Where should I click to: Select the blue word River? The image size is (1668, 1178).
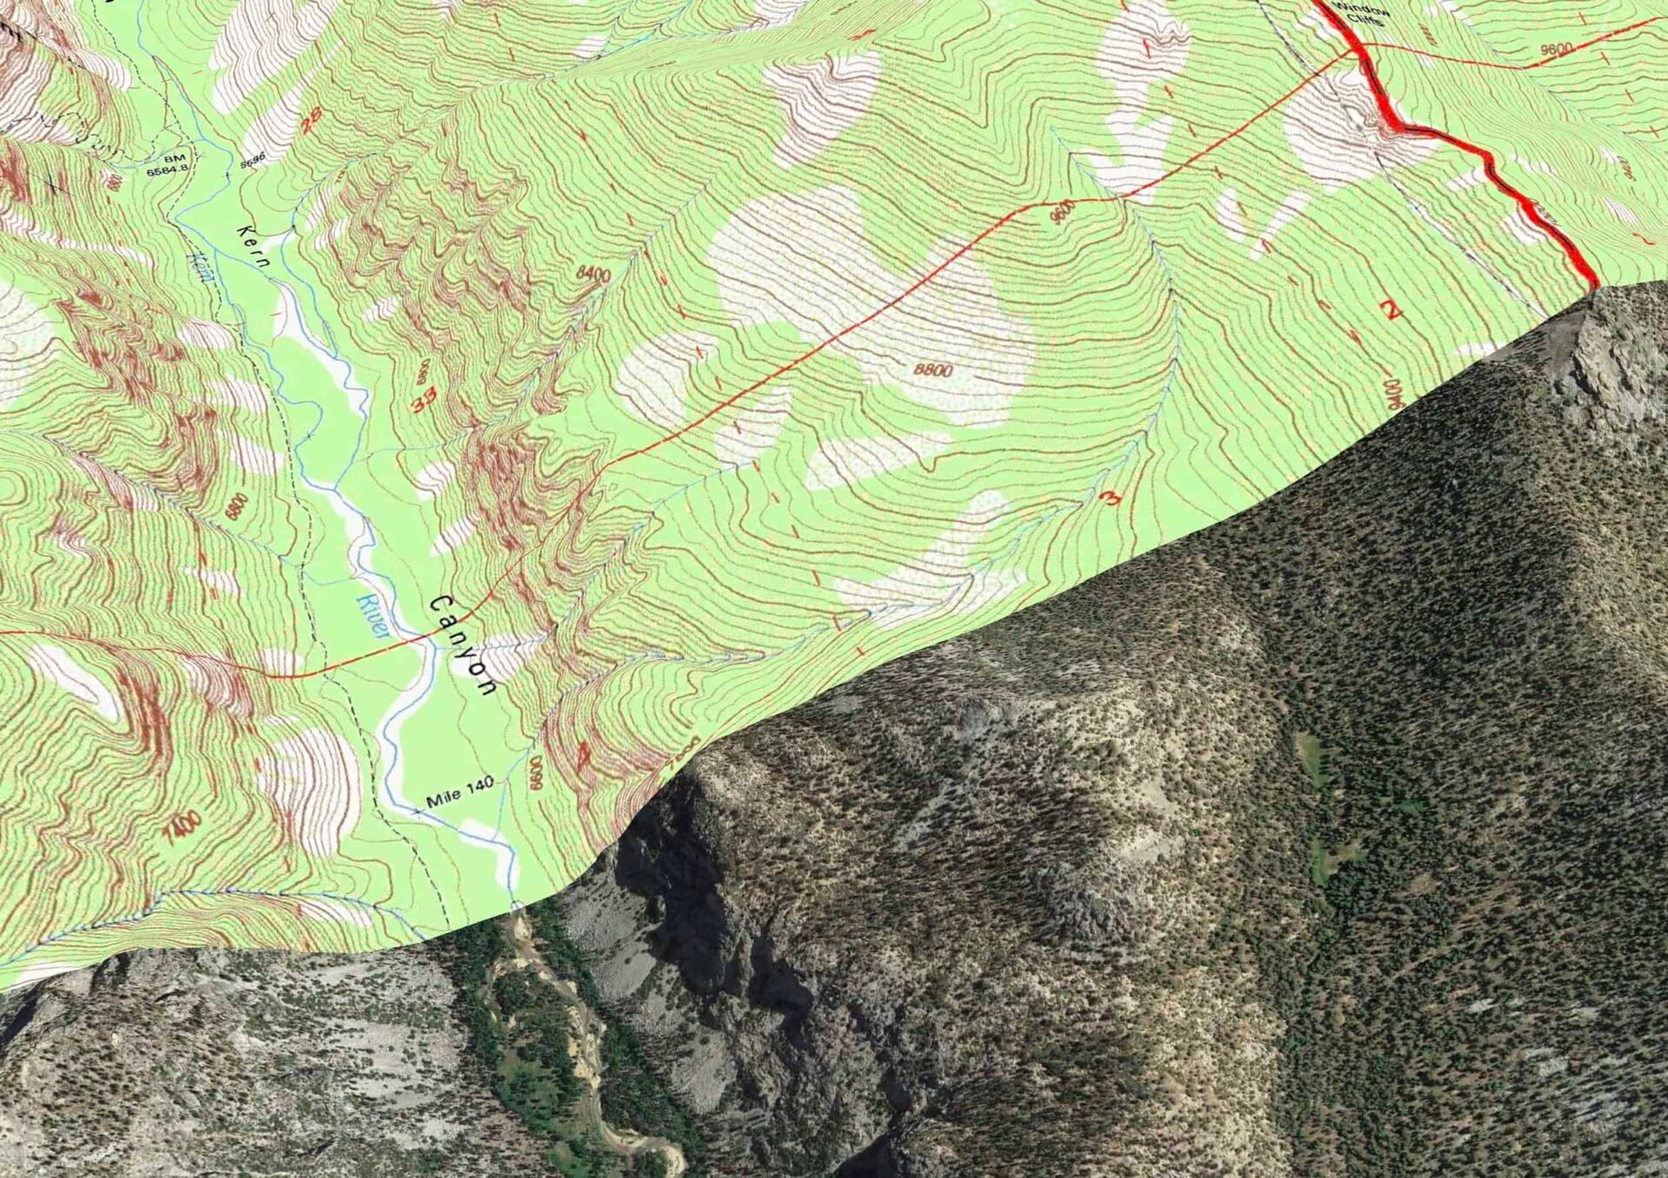pyautogui.click(x=372, y=616)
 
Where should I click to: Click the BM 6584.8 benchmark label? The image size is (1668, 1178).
pyautogui.click(x=167, y=166)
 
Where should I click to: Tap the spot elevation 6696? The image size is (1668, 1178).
pyautogui.click(x=251, y=161)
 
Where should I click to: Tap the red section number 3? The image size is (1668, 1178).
pyautogui.click(x=1109, y=499)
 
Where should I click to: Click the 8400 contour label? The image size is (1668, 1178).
pyautogui.click(x=593, y=275)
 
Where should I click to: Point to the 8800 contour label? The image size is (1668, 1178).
pyautogui.click(x=933, y=370)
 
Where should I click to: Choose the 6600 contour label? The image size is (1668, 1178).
pyautogui.click(x=536, y=771)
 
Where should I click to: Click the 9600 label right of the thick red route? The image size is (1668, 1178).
pyautogui.click(x=1555, y=50)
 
